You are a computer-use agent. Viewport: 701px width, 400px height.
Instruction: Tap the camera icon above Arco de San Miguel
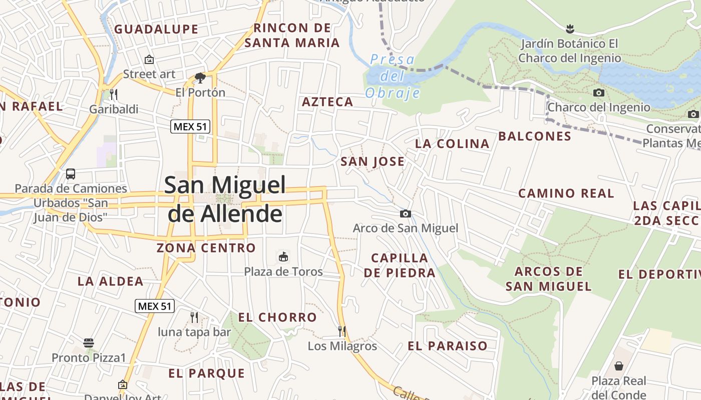pos(406,214)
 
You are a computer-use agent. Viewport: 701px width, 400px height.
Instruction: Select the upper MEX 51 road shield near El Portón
pos(190,126)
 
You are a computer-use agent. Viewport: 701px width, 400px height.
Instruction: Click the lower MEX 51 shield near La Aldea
pos(155,306)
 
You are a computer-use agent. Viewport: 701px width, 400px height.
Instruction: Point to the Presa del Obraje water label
pos(393,76)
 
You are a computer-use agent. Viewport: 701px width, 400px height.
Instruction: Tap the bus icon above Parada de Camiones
pos(71,174)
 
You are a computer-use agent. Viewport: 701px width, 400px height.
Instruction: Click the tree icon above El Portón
pos(200,78)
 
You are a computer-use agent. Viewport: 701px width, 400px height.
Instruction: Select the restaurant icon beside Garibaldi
pos(114,94)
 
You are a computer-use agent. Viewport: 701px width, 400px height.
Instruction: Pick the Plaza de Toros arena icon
pos(283,257)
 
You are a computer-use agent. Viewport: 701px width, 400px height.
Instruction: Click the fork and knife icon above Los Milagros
pos(342,331)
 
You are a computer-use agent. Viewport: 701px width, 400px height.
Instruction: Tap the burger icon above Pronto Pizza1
pos(89,343)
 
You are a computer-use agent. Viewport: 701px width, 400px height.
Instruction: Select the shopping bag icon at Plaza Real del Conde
pos(619,366)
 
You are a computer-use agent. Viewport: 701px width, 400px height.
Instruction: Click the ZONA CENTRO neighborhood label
pos(206,248)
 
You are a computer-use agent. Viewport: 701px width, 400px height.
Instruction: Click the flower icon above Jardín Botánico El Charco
pos(569,28)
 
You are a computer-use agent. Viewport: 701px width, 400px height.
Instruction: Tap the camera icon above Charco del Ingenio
pos(598,92)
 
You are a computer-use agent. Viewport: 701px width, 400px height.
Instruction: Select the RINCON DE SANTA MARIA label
pos(292,35)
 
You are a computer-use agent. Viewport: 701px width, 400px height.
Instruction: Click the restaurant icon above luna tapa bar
pos(194,317)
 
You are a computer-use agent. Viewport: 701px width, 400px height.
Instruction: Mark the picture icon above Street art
pos(149,59)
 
